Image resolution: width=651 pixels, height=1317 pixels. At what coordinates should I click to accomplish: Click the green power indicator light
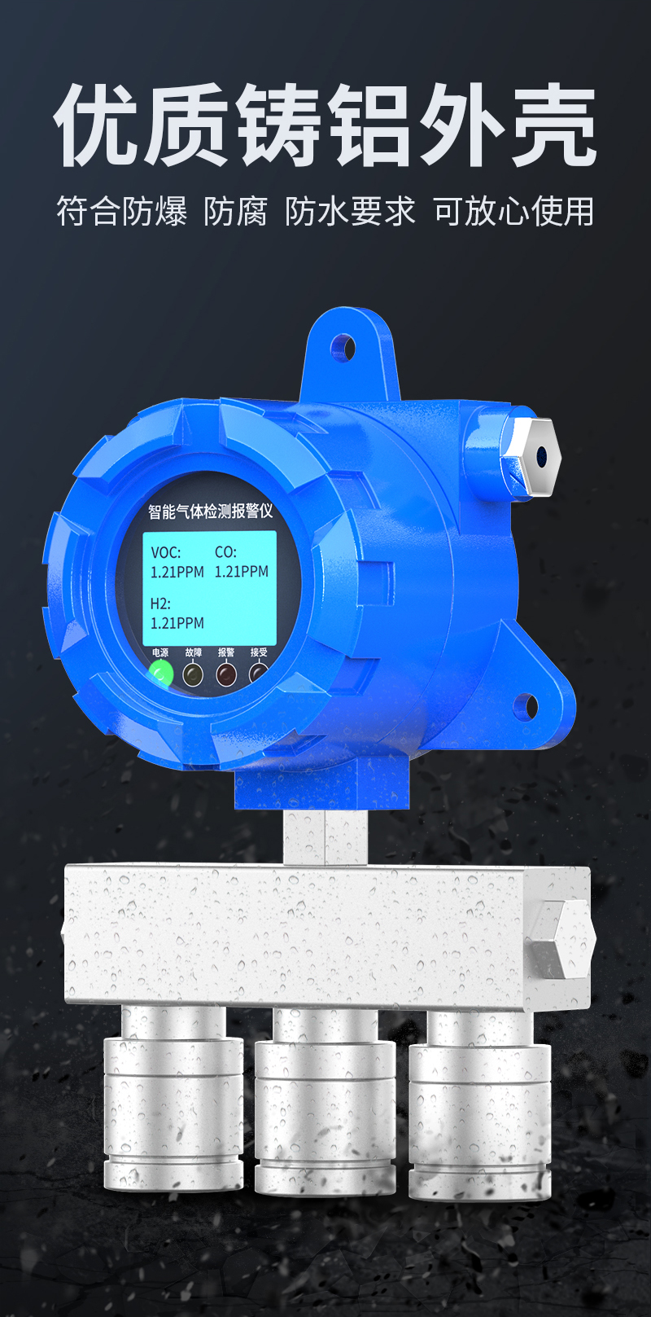point(160,673)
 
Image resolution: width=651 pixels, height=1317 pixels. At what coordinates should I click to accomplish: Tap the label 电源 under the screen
point(160,652)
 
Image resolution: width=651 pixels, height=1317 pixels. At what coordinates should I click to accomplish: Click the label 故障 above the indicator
point(194,652)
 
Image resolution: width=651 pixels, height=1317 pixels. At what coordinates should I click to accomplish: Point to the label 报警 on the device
point(226,652)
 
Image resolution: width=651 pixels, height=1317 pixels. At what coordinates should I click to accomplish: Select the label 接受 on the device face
point(259,652)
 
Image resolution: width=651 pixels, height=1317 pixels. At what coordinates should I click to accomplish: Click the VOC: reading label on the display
point(166,553)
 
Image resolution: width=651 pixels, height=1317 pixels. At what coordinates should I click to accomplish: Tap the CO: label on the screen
point(225,552)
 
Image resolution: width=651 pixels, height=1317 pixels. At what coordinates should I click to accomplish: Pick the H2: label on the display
point(160,604)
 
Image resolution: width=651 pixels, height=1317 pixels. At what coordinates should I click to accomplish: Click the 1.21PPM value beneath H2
point(177,623)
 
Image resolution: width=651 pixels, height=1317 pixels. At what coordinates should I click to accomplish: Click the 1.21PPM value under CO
point(242,572)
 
